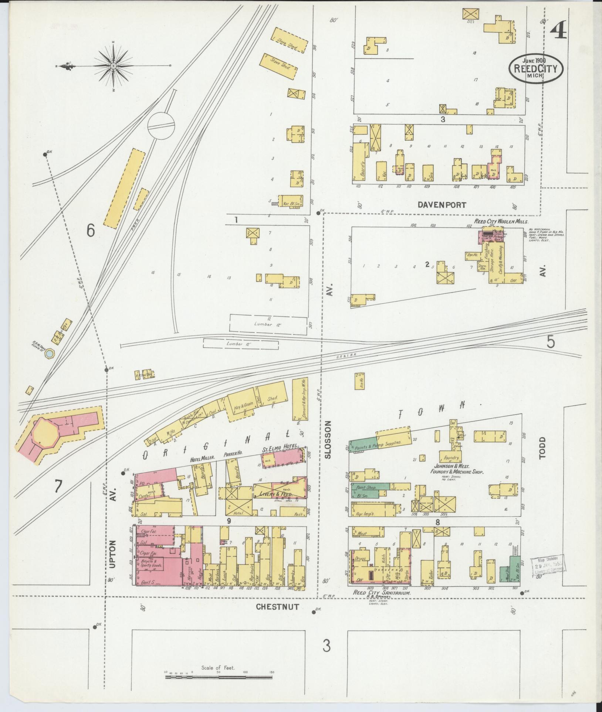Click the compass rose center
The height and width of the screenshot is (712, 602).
pos(114,66)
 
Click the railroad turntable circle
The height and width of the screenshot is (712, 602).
pos(161,125)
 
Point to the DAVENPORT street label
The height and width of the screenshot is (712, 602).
pos(442,204)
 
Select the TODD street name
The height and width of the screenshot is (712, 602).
pos(542,448)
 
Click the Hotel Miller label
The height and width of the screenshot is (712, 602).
pos(202,460)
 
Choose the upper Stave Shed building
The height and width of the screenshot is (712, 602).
pos(290,40)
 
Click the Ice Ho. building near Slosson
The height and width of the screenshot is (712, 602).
pos(358,381)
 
